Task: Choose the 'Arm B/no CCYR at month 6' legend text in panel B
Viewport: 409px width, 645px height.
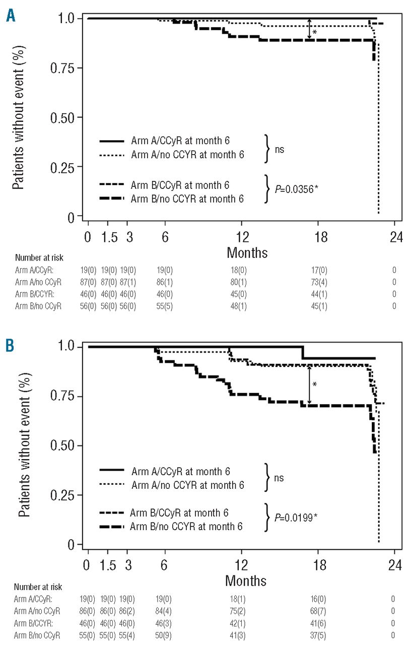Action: coord(186,527)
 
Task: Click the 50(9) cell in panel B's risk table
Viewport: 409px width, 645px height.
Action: coord(165,634)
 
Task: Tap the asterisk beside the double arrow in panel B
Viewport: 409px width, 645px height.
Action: coord(315,384)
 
